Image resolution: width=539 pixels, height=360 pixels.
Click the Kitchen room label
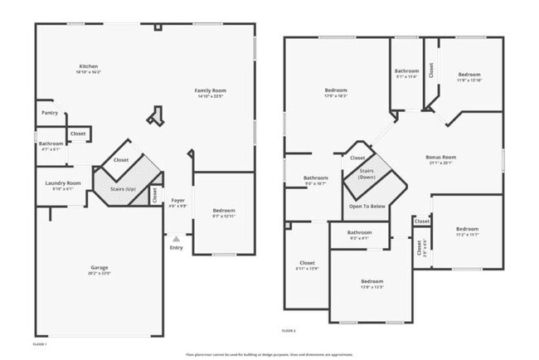coord(89,66)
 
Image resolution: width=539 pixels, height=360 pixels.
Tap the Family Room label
coord(210,90)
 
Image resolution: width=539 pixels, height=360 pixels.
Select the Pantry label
coord(49,112)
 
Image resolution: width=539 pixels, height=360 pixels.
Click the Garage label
coord(100,267)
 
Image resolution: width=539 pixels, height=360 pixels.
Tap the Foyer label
coord(177,200)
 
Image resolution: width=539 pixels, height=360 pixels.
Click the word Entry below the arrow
coord(176,247)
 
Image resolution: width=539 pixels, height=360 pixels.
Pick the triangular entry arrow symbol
coord(176,238)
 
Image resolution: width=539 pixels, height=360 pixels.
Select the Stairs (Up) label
coord(123,189)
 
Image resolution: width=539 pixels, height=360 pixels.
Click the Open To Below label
coord(367,206)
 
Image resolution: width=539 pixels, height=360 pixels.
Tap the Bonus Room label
coord(441,157)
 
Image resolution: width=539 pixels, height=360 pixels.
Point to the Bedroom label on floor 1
coord(224,210)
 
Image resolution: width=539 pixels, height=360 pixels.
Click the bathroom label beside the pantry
coord(51,144)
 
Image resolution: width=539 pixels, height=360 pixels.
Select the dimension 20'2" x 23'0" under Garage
coord(100,273)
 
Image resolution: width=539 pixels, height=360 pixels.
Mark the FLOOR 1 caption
coord(39,343)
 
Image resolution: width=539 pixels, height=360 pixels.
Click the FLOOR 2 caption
coord(288,330)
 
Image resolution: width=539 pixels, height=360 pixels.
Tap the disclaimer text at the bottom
coord(269,353)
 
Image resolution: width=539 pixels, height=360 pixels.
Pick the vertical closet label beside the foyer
coord(154,194)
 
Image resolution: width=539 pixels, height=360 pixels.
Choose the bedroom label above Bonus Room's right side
coord(469,75)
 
